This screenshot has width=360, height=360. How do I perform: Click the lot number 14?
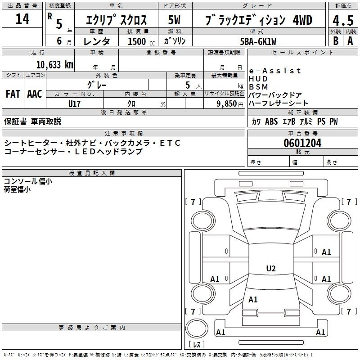click(x=22, y=19)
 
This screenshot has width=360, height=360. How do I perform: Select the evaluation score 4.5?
click(x=343, y=20)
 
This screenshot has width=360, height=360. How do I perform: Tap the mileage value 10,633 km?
click(x=55, y=65)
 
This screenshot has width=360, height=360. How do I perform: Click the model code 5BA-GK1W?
click(x=258, y=41)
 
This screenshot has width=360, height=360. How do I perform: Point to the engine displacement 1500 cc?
click(x=141, y=41)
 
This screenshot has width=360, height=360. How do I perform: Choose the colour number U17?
click(x=74, y=104)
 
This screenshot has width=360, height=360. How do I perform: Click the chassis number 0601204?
click(x=302, y=143)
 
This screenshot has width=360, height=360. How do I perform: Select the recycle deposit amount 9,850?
click(x=227, y=104)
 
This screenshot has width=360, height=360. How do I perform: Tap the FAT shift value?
click(x=13, y=94)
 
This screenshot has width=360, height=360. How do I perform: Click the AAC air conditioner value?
click(x=35, y=94)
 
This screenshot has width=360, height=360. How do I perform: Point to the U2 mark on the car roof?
click(x=271, y=268)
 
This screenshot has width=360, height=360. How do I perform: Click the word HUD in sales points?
click(x=258, y=79)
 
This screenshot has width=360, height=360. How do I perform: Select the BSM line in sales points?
click(x=258, y=87)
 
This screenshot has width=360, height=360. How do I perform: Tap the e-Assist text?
click(x=275, y=71)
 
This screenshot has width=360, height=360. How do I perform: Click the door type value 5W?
click(x=174, y=20)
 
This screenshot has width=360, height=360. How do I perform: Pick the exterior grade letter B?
click(x=336, y=41)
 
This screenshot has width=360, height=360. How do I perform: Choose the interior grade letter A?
click(x=350, y=41)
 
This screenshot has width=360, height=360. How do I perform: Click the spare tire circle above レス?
click(x=197, y=328)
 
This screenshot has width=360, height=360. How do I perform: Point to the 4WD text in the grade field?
click(x=302, y=20)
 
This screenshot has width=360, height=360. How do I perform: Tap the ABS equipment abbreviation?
click(x=271, y=121)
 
